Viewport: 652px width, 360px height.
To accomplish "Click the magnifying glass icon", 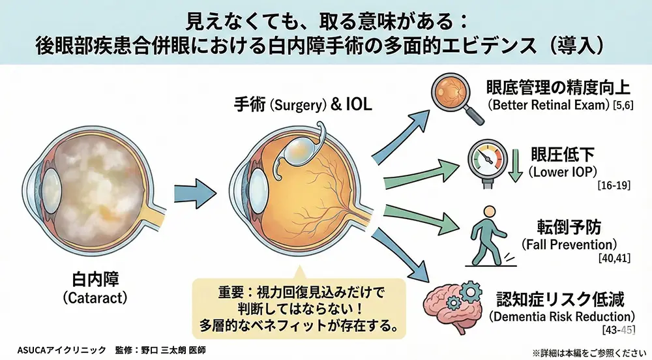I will (457, 98).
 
